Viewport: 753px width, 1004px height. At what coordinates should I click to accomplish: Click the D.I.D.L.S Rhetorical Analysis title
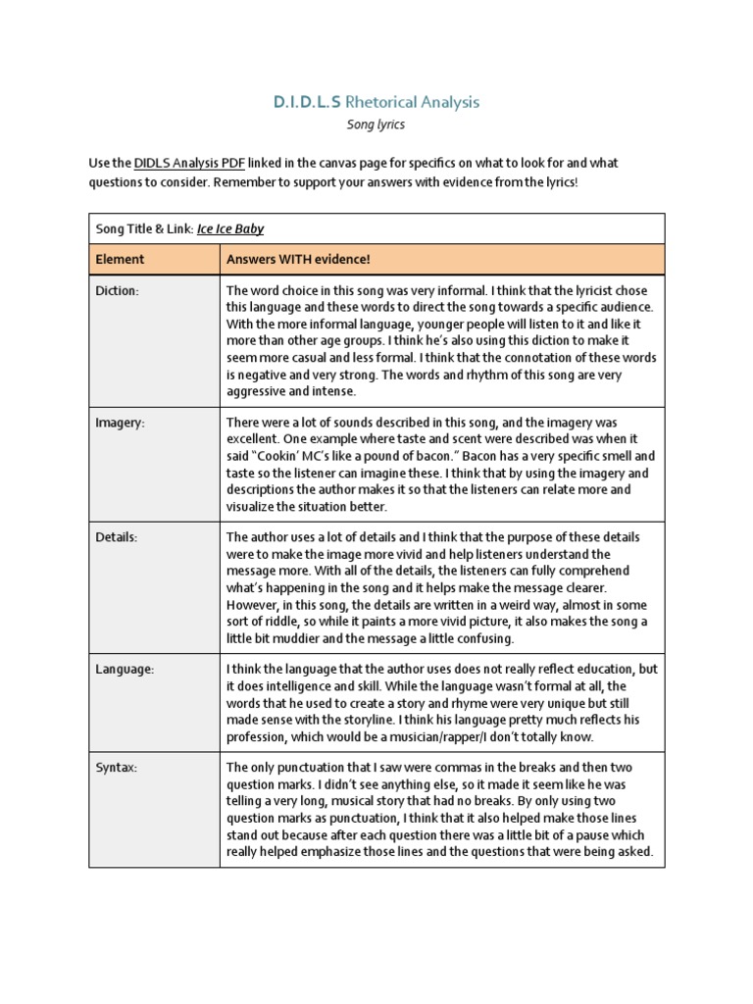click(x=376, y=102)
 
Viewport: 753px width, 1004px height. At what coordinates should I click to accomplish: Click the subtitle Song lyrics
click(x=376, y=125)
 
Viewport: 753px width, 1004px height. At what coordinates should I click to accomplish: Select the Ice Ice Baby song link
click(x=230, y=229)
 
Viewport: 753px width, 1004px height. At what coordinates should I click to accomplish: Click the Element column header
click(x=120, y=259)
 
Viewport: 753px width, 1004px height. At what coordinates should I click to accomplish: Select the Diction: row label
click(x=117, y=291)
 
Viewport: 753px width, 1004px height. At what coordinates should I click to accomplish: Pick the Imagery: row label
click(x=120, y=423)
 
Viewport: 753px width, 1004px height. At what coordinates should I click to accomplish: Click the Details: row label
click(x=116, y=537)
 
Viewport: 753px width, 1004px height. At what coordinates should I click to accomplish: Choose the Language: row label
click(x=125, y=669)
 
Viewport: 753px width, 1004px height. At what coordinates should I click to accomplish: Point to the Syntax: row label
click(x=117, y=768)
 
